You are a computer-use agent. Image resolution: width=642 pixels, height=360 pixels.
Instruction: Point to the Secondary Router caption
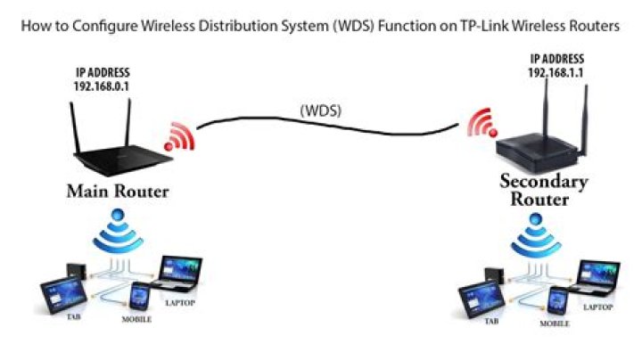543,190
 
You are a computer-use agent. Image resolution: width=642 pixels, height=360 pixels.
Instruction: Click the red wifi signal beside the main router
177,135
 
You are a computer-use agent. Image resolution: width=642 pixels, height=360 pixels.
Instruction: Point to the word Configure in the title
95,28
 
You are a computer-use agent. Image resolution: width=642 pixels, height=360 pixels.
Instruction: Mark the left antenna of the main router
76,125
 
